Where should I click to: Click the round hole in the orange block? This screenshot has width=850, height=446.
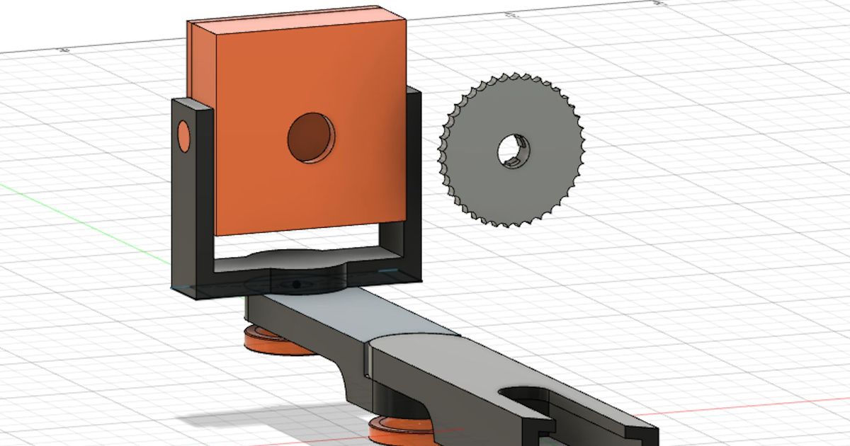click(x=310, y=137)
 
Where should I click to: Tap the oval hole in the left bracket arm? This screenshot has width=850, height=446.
click(x=183, y=137)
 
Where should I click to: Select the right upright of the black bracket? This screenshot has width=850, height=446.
click(x=413, y=184)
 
